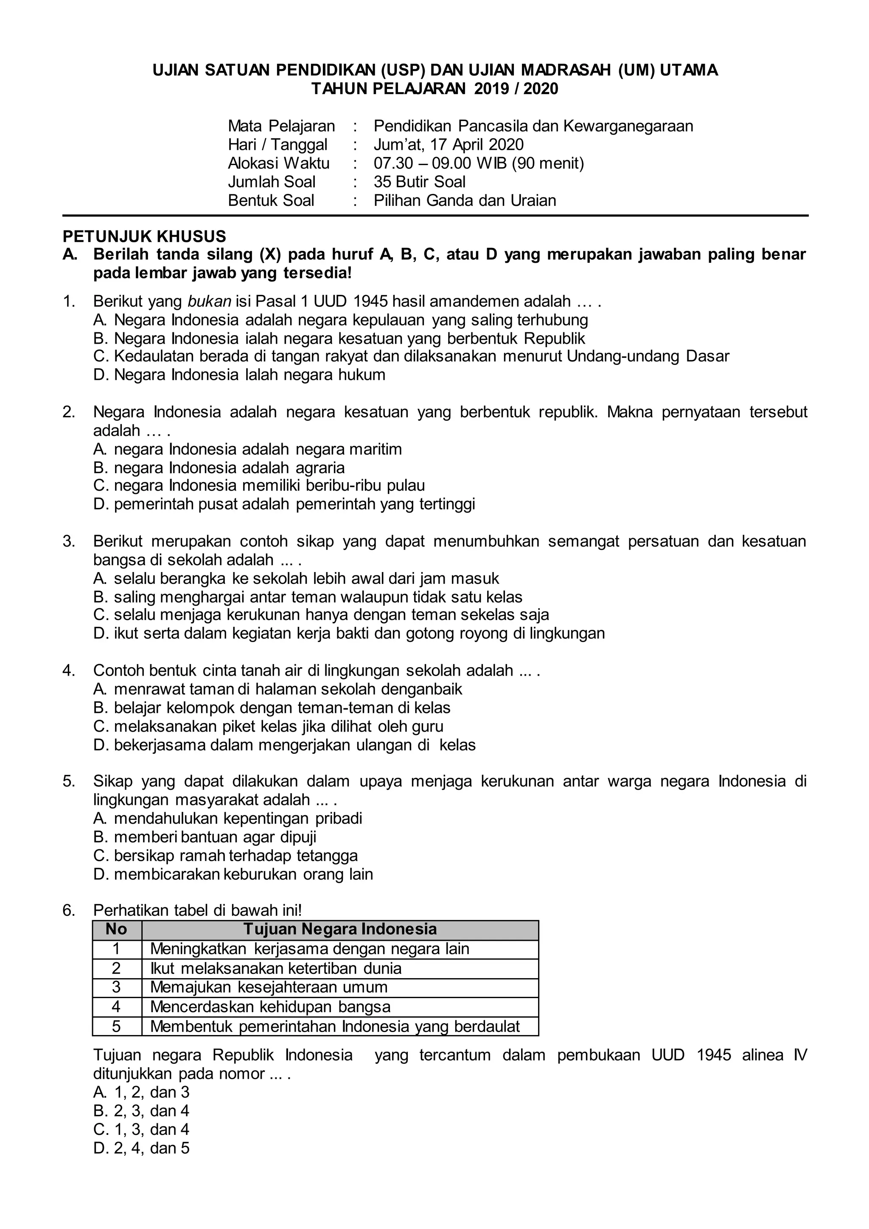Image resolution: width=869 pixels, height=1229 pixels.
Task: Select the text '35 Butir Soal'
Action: [x=420, y=182]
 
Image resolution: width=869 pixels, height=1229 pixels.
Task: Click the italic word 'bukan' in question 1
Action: [x=209, y=301]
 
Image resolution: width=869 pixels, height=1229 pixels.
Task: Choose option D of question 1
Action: [x=238, y=375]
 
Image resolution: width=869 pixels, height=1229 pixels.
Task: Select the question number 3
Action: [x=68, y=541]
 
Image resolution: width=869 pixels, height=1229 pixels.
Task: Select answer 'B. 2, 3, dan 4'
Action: [x=141, y=1111]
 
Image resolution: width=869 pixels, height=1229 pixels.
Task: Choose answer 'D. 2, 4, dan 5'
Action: [x=141, y=1148]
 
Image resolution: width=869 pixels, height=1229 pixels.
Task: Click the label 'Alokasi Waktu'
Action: [x=278, y=163]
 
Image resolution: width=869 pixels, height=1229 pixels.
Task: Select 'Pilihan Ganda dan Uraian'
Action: [x=465, y=201]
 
